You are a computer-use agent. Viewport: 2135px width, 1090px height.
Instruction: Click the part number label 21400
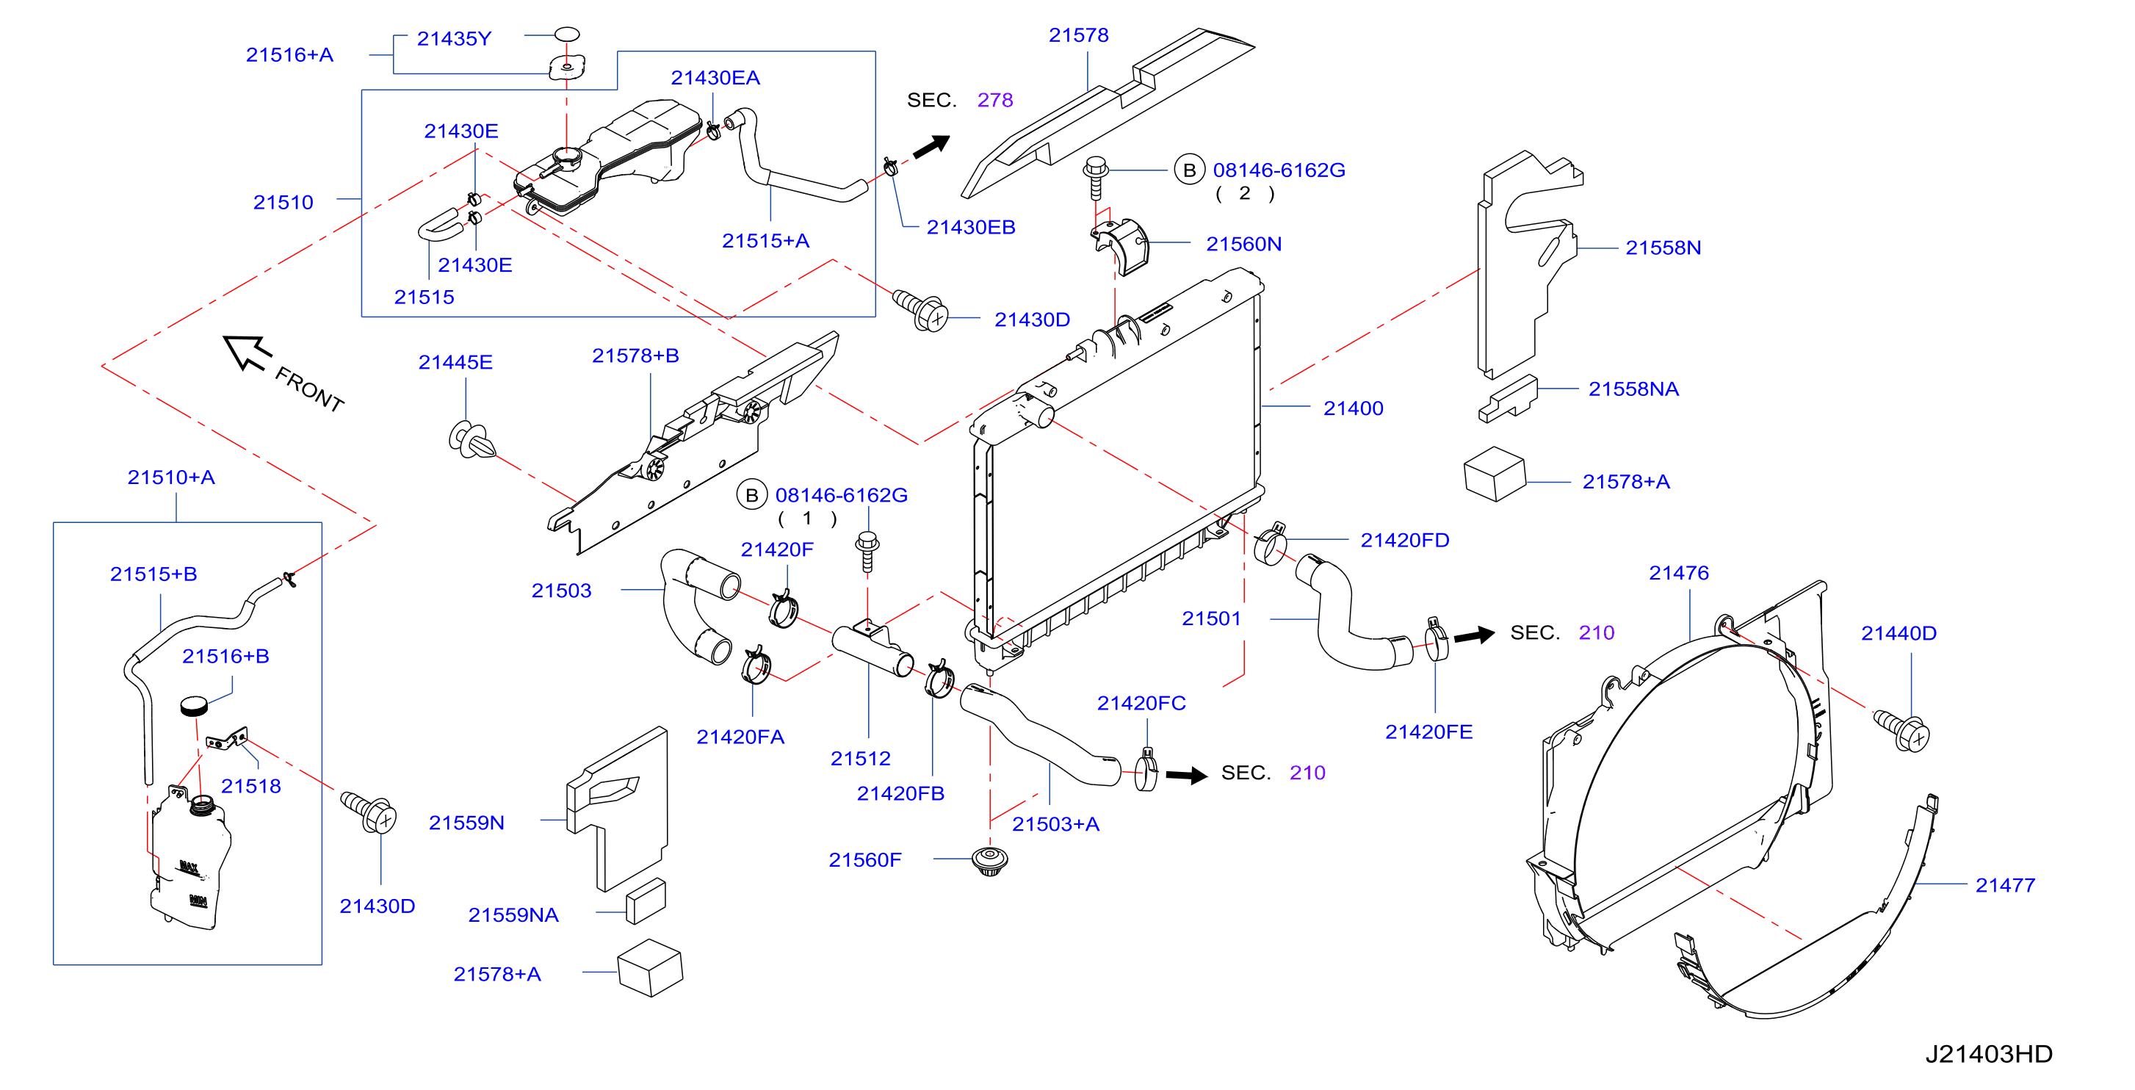(1353, 408)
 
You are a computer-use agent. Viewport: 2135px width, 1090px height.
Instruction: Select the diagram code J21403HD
(1988, 1053)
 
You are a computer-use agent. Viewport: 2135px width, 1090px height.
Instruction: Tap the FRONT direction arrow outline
(247, 353)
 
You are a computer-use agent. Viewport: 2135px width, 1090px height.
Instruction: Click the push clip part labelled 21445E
(472, 439)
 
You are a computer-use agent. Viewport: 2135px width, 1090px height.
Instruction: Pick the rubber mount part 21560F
(989, 862)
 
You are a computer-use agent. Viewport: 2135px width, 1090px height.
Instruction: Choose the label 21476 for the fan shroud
(1678, 573)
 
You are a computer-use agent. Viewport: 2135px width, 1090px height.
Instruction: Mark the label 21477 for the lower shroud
(2005, 885)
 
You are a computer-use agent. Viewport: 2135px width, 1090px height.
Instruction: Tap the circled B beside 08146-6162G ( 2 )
(1189, 170)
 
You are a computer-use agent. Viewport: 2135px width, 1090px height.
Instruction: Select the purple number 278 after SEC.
(994, 101)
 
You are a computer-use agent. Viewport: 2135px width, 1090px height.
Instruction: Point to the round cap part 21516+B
(195, 705)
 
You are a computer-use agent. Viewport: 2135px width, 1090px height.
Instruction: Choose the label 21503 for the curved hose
(561, 591)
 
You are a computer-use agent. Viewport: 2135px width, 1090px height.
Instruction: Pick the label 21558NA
(1633, 389)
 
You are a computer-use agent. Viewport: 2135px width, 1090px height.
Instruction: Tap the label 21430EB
(970, 227)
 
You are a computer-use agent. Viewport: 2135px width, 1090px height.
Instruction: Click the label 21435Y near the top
(454, 39)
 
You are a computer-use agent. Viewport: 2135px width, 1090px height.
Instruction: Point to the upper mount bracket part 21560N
(1121, 244)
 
